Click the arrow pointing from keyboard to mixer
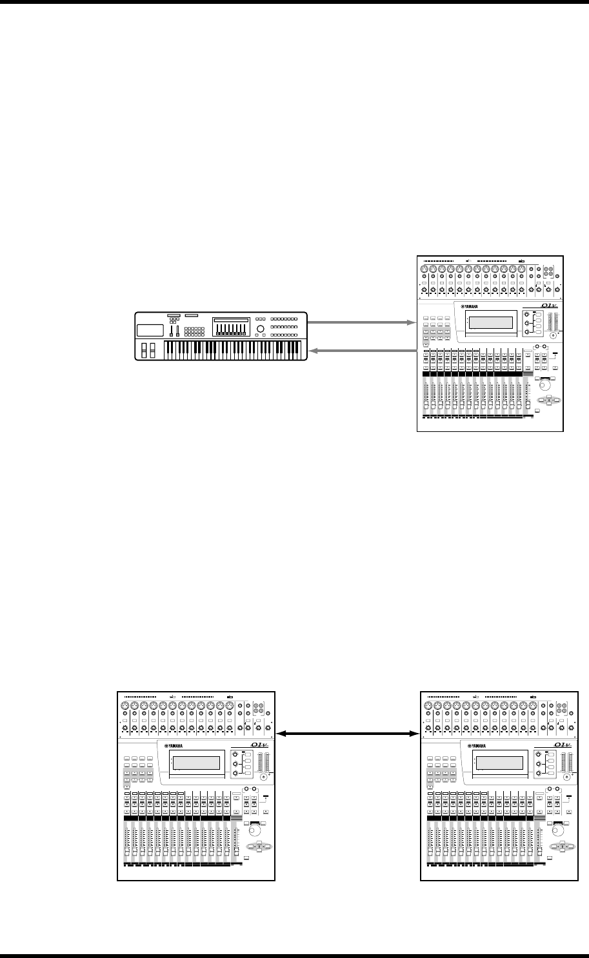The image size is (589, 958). [361, 320]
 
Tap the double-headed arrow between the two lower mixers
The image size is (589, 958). [347, 733]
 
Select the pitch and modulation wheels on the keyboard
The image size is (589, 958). [147, 350]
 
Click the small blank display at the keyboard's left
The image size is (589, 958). [150, 329]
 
